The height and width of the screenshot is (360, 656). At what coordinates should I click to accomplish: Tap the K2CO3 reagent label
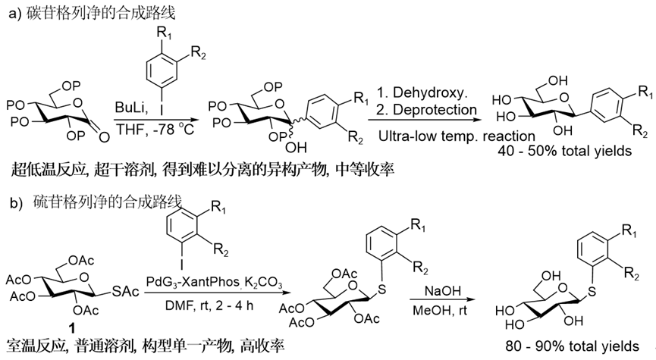point(266,283)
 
